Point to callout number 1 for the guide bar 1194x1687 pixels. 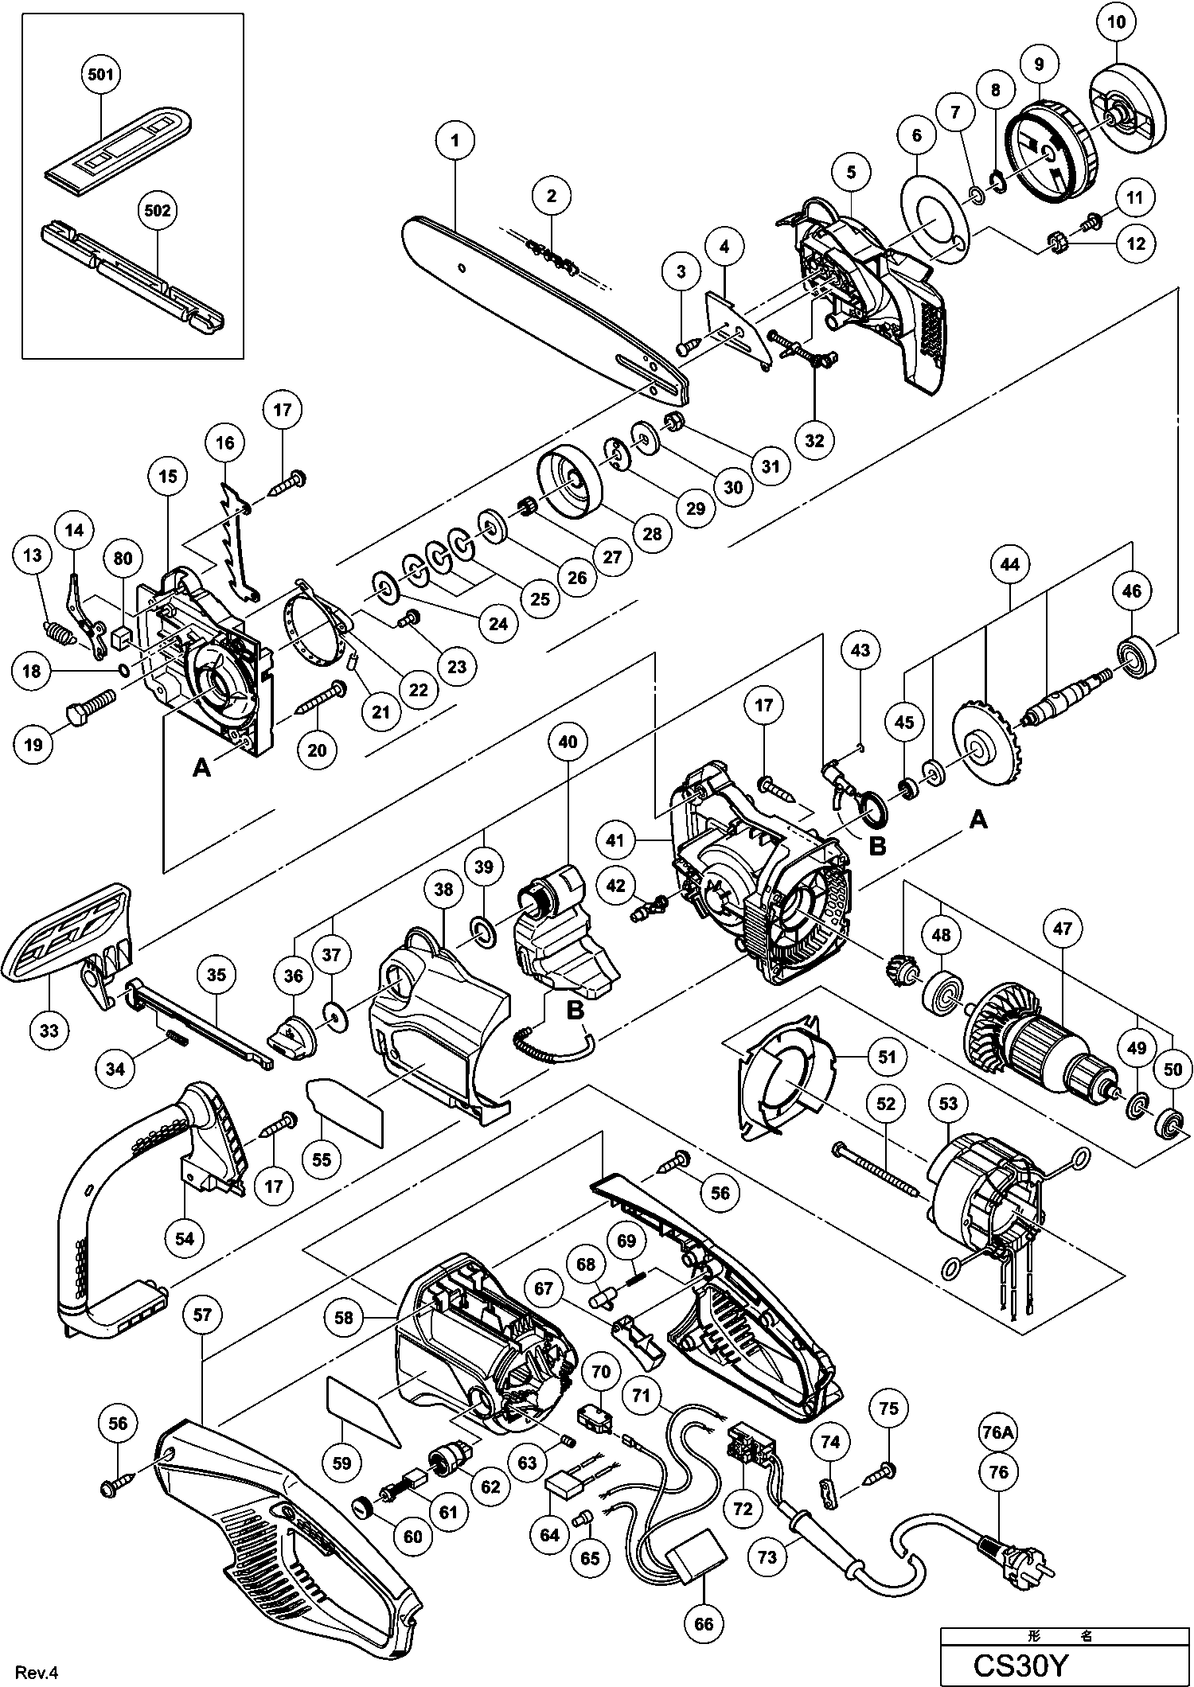tap(455, 141)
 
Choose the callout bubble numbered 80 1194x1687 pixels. tap(123, 559)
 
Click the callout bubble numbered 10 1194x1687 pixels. tap(1117, 22)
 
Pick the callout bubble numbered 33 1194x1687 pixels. tap(49, 1031)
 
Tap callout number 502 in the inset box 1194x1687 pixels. tap(157, 211)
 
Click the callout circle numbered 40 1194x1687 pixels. tap(568, 742)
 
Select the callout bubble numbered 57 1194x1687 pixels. tap(203, 1316)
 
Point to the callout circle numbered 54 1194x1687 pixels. tap(185, 1238)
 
